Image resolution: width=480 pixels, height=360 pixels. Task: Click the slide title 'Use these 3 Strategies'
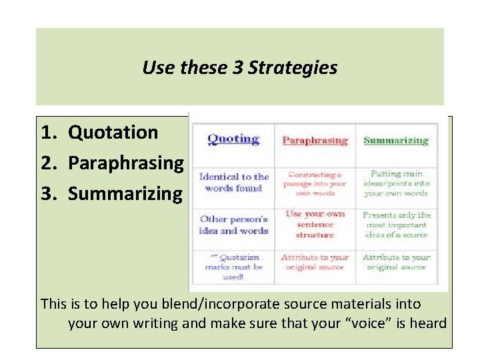pos(239,67)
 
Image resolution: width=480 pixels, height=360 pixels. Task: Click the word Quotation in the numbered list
pos(113,132)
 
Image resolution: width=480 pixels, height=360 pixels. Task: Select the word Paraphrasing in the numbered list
pos(125,163)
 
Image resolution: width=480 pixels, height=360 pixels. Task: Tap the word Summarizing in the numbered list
pos(125,194)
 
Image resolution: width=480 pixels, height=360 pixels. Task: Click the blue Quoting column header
pos(233,139)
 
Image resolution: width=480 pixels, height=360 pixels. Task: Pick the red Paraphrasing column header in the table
pos(315,141)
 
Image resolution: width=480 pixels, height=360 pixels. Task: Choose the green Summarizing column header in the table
pos(396,141)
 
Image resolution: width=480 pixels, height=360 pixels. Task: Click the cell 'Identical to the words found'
pos(233,183)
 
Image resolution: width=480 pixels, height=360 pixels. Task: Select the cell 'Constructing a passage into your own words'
pos(315,183)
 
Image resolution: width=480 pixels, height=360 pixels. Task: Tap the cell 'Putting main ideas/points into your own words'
pos(396,183)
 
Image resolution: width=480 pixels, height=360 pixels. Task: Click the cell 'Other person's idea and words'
pos(233,225)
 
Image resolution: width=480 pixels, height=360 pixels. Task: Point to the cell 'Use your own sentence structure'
pos(315,225)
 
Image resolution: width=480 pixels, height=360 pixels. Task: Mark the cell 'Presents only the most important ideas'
pos(396,225)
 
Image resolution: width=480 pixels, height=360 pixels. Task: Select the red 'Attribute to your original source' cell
pos(315,262)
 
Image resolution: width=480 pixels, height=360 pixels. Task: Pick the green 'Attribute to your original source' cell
pos(396,262)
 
